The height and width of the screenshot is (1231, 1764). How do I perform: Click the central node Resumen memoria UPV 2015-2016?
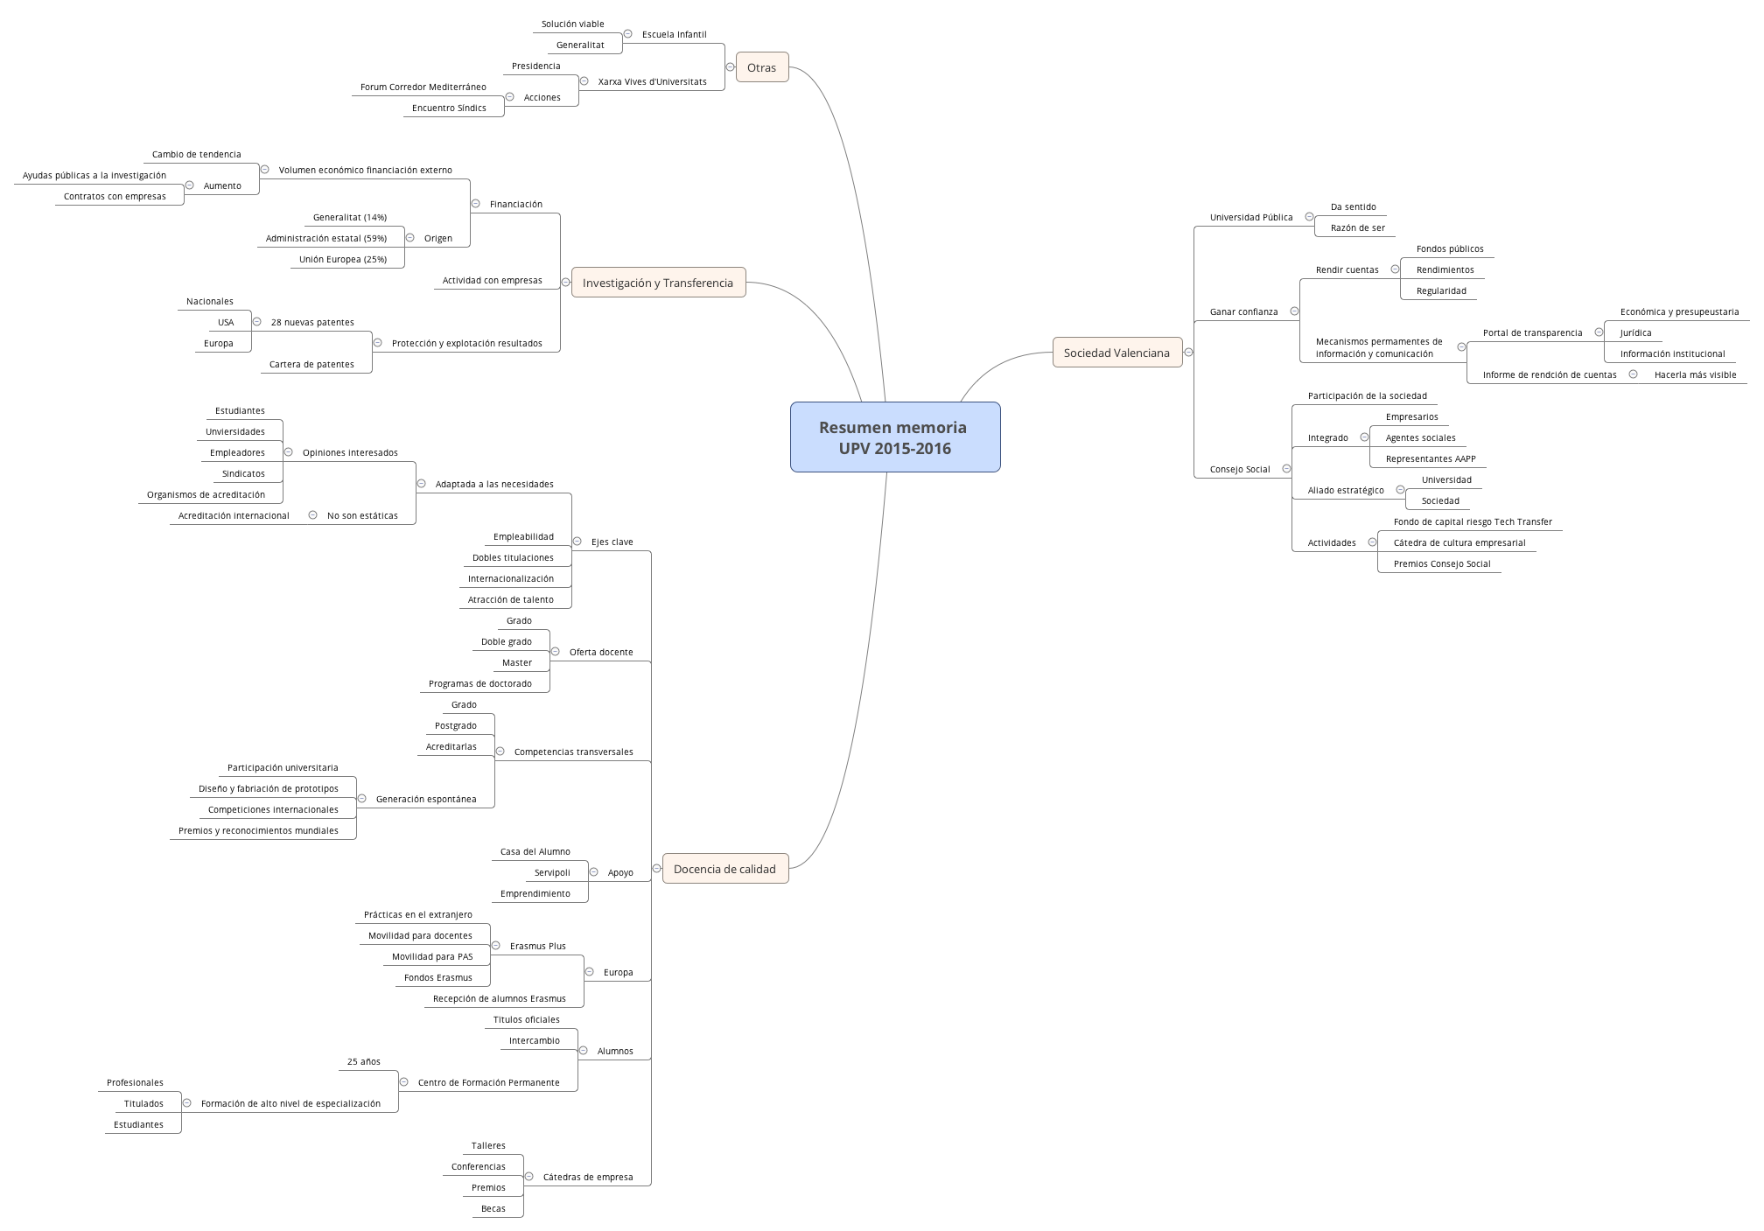coord(894,437)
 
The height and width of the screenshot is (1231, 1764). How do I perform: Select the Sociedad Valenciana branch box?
coord(1116,353)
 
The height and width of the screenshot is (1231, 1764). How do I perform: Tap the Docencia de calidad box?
coord(724,869)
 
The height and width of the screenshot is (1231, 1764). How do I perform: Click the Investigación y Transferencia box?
coord(658,283)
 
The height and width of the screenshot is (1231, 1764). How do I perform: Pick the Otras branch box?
coord(761,67)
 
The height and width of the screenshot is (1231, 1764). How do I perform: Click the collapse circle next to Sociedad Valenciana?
coord(1188,353)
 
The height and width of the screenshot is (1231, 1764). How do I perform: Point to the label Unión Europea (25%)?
coord(342,260)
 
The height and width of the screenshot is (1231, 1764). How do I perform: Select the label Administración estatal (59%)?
coord(325,239)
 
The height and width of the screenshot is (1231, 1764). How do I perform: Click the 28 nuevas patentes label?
coord(312,323)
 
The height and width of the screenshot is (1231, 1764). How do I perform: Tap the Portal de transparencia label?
coord(1532,333)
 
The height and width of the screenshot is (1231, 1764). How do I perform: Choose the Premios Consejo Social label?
coord(1441,564)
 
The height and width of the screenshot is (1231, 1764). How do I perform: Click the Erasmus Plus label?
coord(537,947)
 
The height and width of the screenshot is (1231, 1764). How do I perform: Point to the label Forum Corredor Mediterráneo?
coord(423,87)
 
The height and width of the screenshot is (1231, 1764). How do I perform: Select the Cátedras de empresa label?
coord(587,1178)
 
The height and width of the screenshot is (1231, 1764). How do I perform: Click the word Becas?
coord(493,1209)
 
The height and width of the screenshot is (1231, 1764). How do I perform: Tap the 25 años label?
coord(363,1062)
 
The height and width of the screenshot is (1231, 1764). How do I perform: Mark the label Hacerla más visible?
coord(1694,375)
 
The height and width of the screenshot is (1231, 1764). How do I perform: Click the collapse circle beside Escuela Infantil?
coord(627,34)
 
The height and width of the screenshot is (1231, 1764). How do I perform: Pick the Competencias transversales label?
coord(573,752)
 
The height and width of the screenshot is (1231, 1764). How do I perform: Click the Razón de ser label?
coord(1357,228)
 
